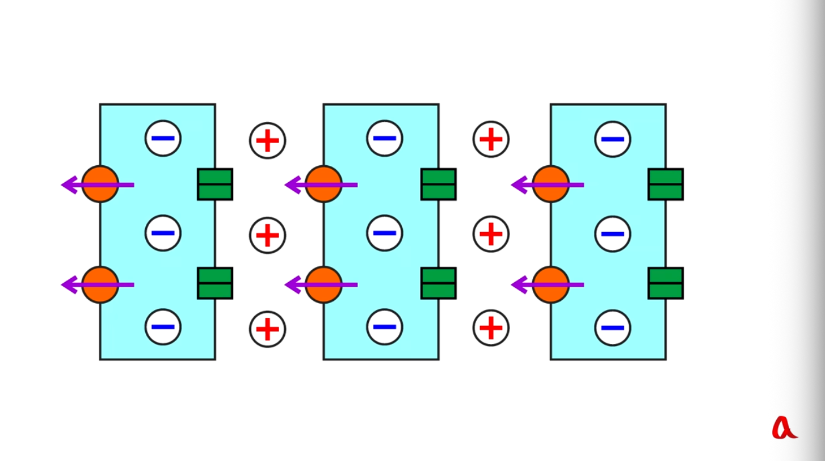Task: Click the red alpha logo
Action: (785, 428)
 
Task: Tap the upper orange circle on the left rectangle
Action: (100, 185)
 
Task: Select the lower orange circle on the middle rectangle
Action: (324, 284)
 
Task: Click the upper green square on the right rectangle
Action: (666, 185)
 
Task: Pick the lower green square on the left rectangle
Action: (215, 283)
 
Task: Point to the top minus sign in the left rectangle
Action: (163, 138)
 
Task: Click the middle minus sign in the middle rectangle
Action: (385, 233)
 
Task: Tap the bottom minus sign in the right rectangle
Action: (612, 328)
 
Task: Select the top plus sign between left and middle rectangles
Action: (267, 140)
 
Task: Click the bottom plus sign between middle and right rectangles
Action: (491, 328)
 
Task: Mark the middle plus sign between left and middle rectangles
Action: (267, 235)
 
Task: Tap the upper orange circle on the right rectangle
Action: (550, 185)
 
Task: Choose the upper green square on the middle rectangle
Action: (439, 185)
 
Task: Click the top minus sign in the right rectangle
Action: (612, 139)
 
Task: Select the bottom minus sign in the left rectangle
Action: (163, 327)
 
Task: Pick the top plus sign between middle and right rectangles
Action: (491, 139)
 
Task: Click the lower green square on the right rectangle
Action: (666, 283)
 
